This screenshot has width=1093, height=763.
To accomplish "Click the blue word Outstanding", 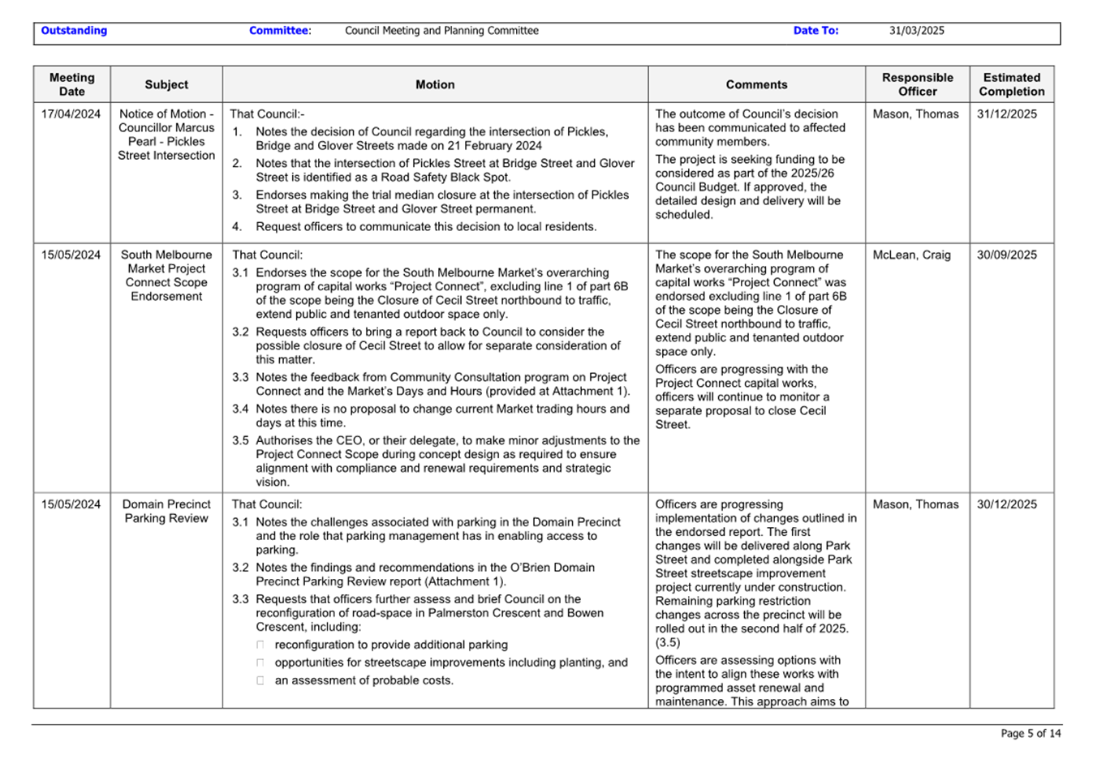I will click(74, 31).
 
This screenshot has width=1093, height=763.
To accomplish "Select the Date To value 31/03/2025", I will click(916, 31).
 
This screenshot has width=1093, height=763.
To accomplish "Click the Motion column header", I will click(435, 84).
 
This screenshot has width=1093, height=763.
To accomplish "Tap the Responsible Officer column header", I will click(917, 84).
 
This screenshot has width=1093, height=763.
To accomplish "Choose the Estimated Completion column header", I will click(1011, 84).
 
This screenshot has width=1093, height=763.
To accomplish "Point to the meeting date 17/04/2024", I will click(71, 114).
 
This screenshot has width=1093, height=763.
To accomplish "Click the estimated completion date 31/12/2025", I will click(1006, 114).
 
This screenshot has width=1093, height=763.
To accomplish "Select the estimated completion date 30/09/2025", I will click(1006, 255).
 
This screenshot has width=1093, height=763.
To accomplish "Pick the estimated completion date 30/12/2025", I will click(1006, 504).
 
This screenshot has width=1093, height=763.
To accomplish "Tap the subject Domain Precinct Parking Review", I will click(166, 512).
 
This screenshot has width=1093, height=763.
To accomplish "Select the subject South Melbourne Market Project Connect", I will click(166, 276).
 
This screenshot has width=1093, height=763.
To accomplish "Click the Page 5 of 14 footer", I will click(1031, 734).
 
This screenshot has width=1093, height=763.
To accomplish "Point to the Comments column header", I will click(756, 84).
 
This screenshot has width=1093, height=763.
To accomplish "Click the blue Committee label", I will click(278, 31).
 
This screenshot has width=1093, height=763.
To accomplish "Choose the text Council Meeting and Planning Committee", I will click(441, 31).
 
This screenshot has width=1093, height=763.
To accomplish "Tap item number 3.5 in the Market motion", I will click(240, 441).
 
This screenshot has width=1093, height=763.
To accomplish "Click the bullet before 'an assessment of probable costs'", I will click(260, 681).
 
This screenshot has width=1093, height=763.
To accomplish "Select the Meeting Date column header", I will click(71, 84).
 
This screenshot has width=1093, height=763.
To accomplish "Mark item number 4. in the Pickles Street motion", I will click(237, 227).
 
